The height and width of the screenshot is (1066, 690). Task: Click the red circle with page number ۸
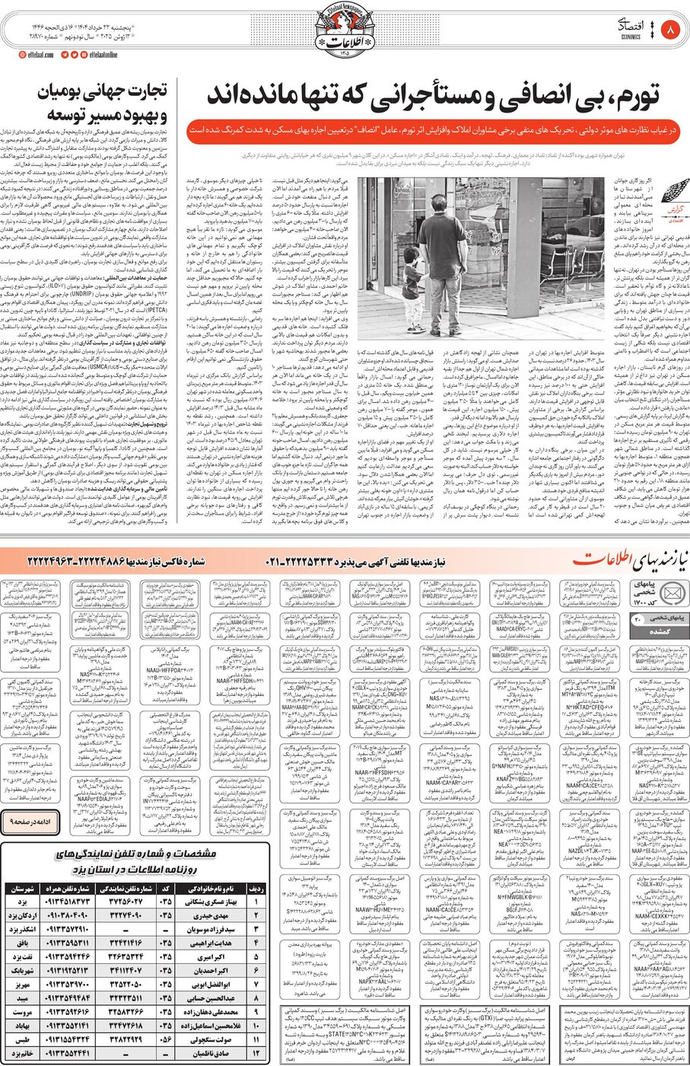(671, 31)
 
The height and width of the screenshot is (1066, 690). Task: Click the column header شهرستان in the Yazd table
(23, 889)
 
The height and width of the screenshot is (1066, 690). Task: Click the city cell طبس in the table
(23, 1039)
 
